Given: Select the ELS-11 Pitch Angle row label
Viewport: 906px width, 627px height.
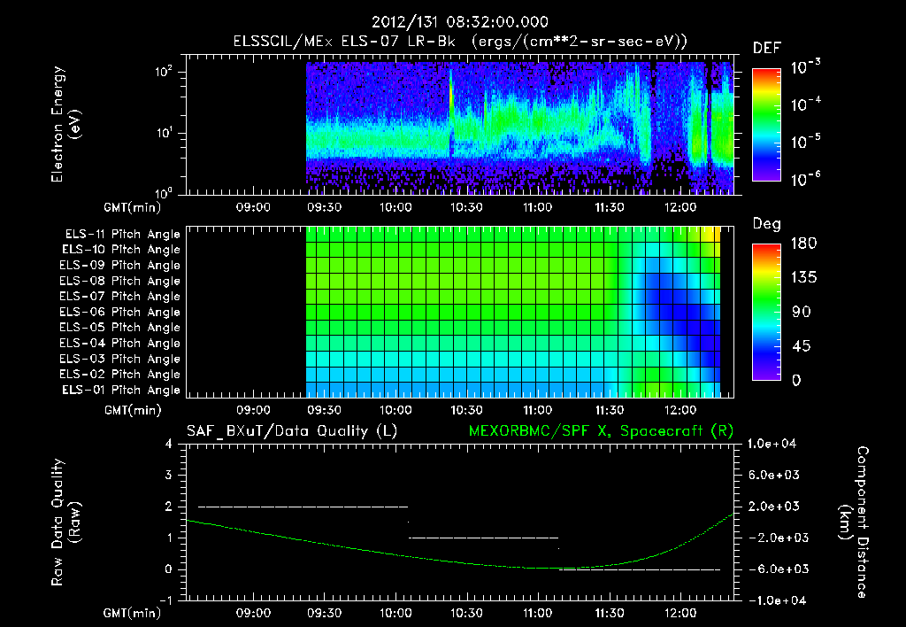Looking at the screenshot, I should [x=122, y=234].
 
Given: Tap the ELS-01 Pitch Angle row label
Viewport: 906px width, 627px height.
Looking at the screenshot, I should [x=122, y=391].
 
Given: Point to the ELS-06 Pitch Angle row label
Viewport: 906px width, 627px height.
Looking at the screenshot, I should [x=122, y=312].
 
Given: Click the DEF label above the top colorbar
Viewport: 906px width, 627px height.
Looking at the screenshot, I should [x=766, y=49].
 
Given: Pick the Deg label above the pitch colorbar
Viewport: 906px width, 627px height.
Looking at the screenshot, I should [x=766, y=225].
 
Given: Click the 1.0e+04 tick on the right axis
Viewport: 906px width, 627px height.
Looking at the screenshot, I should [x=774, y=444].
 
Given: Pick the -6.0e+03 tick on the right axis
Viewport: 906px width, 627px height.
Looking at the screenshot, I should [x=774, y=569].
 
